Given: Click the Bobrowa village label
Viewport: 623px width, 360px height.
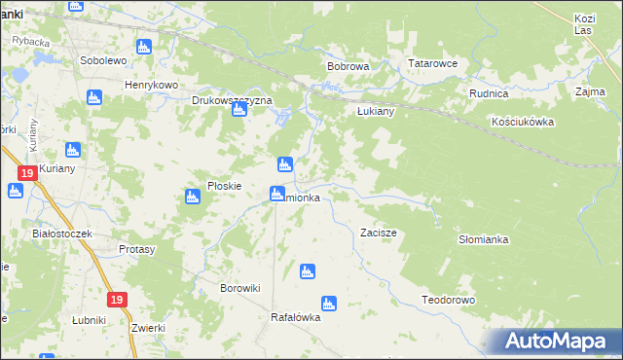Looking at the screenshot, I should point(348,67).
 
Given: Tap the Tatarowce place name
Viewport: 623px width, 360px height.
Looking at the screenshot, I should point(432,64).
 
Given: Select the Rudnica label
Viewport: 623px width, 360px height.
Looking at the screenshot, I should point(489,94).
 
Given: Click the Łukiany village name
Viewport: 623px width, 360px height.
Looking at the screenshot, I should point(373,111).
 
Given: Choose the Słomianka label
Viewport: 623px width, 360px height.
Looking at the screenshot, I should point(484,238).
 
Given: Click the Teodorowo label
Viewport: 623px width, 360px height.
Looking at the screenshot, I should point(448,300).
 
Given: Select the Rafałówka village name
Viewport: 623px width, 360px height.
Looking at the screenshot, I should point(295,317).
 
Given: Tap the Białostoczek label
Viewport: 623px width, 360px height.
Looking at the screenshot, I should point(61,234).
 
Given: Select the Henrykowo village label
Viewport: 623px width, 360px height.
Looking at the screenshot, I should point(151,85).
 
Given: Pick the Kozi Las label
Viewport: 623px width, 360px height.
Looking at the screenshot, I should point(584,24).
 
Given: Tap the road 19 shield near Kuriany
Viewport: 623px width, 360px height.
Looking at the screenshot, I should point(25,173).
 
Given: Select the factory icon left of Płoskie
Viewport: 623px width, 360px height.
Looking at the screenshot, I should point(192,198).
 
